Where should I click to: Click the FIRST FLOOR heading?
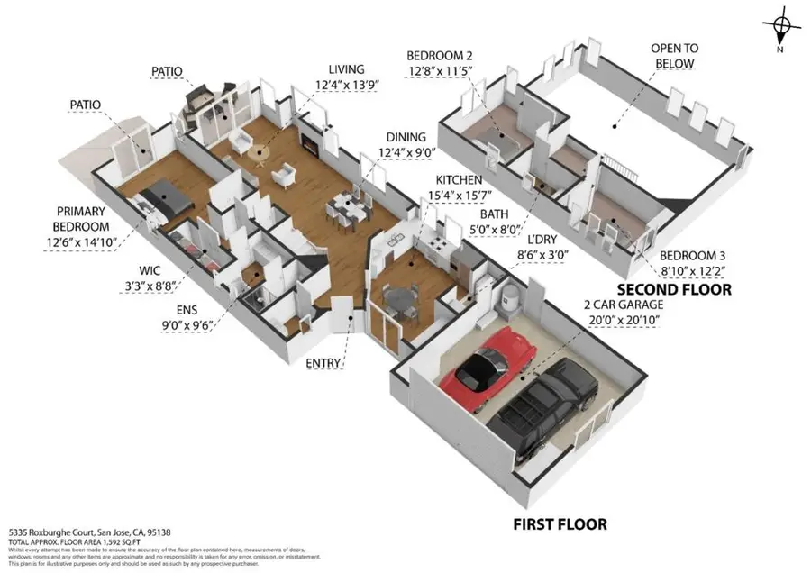[x=560, y=523]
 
